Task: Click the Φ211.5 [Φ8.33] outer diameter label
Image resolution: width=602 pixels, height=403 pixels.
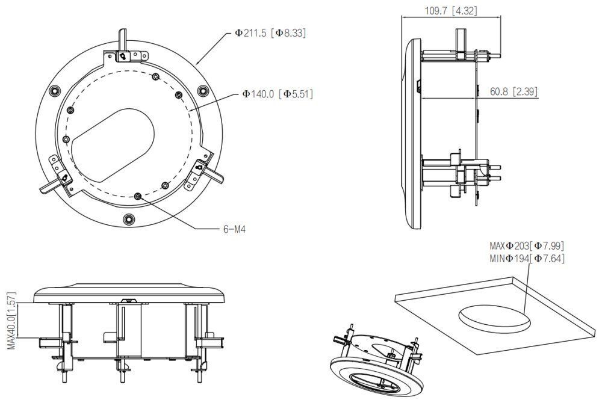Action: (270, 34)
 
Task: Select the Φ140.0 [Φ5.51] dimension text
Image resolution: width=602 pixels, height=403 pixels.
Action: (278, 94)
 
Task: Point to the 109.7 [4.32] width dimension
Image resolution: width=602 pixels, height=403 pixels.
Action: (450, 10)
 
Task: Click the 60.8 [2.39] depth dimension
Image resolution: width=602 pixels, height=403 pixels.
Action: (514, 91)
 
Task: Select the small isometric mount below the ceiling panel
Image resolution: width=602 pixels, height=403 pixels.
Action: (373, 361)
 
